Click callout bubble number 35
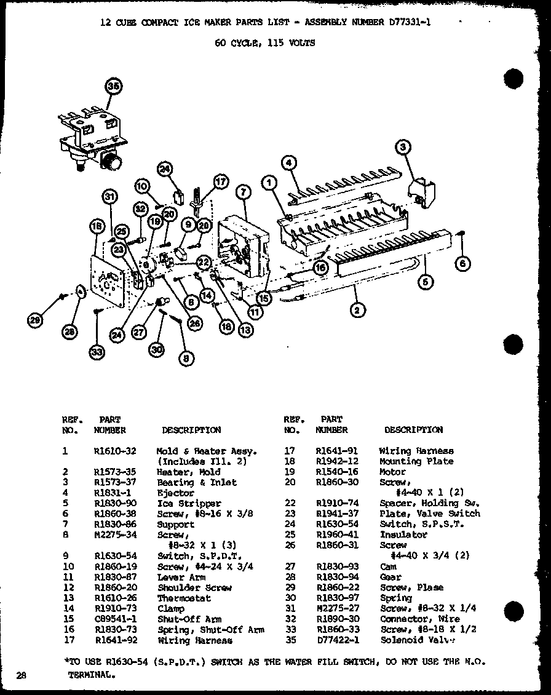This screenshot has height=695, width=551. pyautogui.click(x=112, y=87)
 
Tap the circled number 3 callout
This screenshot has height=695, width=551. pyautogui.click(x=403, y=147)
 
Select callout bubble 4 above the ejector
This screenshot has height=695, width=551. pyautogui.click(x=289, y=163)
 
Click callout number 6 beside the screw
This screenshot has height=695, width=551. pyautogui.click(x=463, y=264)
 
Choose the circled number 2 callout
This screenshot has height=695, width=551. pyautogui.click(x=357, y=310)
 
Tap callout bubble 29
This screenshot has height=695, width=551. pyautogui.click(x=36, y=319)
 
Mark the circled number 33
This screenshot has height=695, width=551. pyautogui.click(x=97, y=352)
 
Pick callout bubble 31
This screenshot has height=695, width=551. pyautogui.click(x=109, y=196)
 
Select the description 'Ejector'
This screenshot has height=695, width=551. pyautogui.click(x=175, y=493)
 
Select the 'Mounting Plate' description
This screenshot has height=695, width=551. pyautogui.click(x=416, y=462)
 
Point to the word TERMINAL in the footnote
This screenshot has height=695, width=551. pyautogui.click(x=90, y=674)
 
